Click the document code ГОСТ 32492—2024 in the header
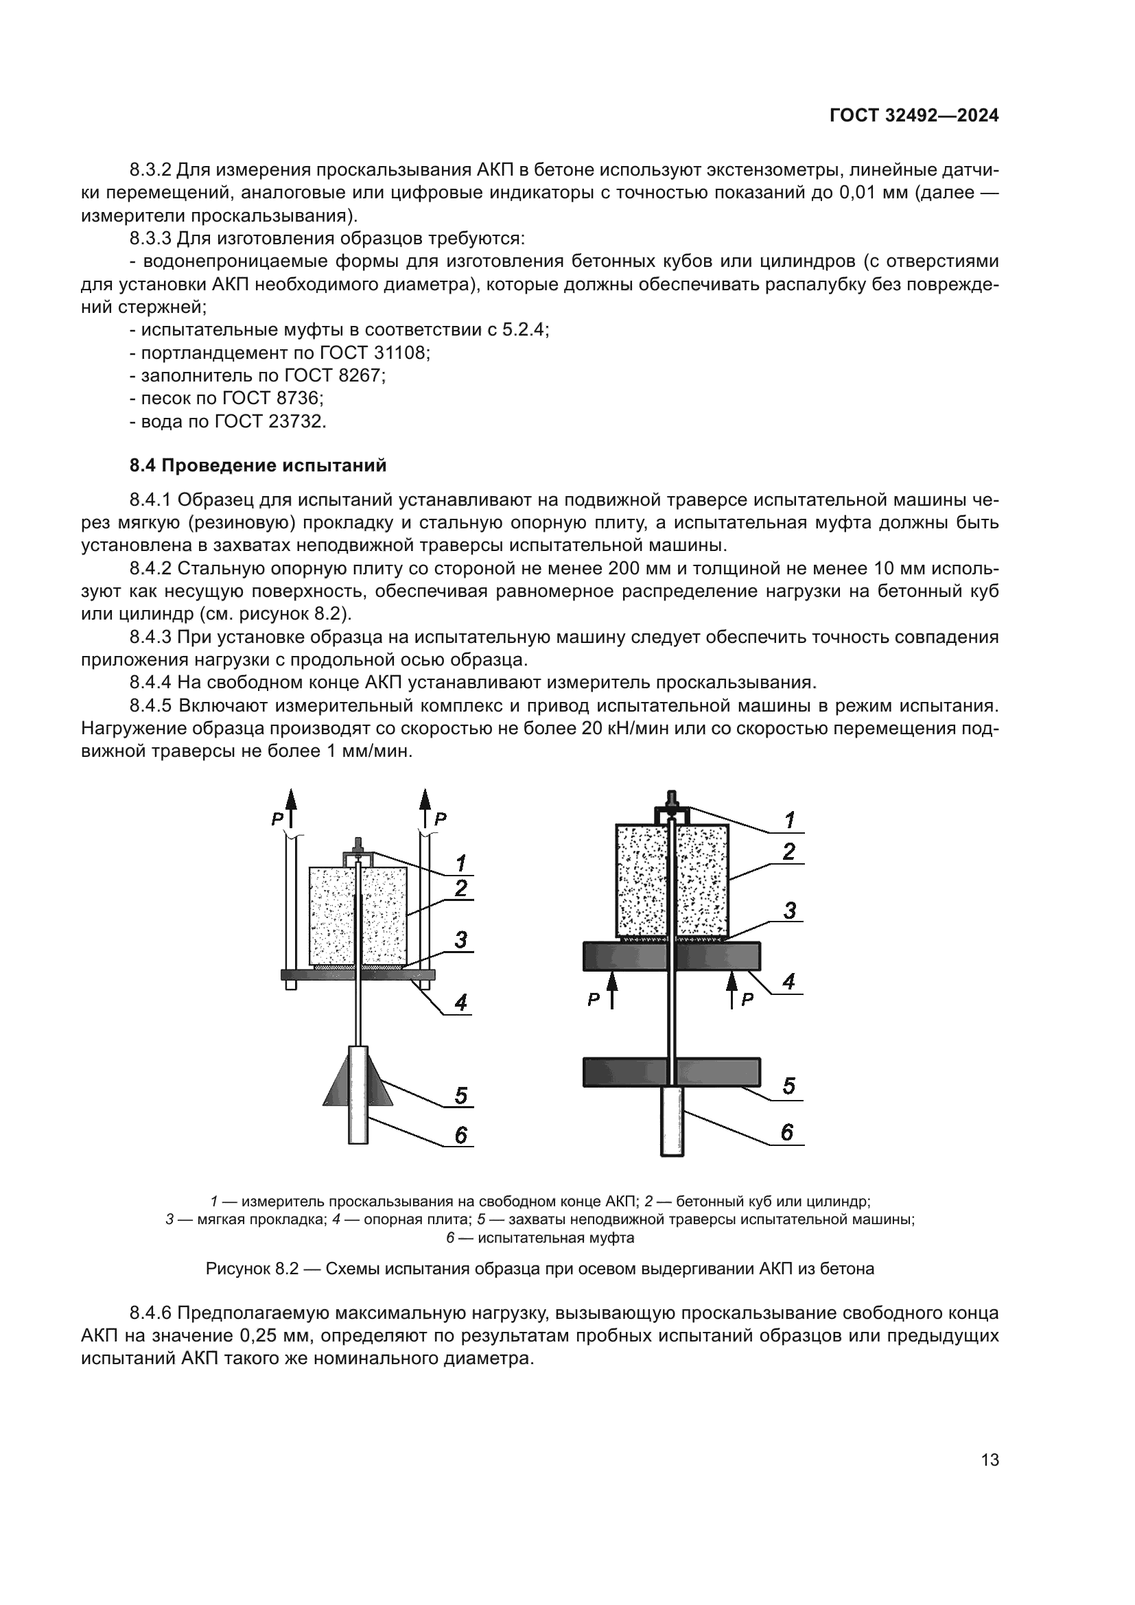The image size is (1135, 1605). (913, 116)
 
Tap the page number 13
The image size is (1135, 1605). (990, 1460)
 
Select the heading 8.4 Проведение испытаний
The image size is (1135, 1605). (258, 465)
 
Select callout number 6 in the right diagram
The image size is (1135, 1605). (787, 1132)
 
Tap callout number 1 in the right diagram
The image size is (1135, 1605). (789, 820)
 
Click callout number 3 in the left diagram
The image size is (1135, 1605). (460, 939)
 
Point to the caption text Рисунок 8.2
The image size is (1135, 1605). (253, 1269)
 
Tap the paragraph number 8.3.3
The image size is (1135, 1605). (150, 238)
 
